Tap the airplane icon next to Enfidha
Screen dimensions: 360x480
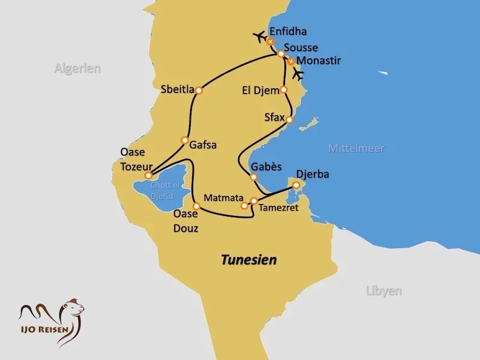tap(260, 37)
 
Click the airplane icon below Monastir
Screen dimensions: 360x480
tap(298, 74)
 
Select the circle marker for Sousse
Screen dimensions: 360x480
tap(280, 54)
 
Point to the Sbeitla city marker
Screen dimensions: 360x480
tap(199, 91)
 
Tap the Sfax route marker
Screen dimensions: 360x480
tap(289, 120)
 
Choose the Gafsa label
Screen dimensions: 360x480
tap(202, 145)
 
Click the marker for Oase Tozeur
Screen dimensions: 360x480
tap(149, 175)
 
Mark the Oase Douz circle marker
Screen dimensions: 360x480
tap(196, 206)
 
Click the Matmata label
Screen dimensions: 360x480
tap(222, 197)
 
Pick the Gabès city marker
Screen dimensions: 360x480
tap(253, 177)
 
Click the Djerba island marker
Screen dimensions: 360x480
tap(296, 185)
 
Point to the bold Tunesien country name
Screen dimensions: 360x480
tap(249, 260)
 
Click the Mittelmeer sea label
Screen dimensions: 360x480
tap(356, 148)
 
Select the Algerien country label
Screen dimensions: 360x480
tap(77, 68)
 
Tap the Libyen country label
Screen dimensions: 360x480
tap(383, 291)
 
